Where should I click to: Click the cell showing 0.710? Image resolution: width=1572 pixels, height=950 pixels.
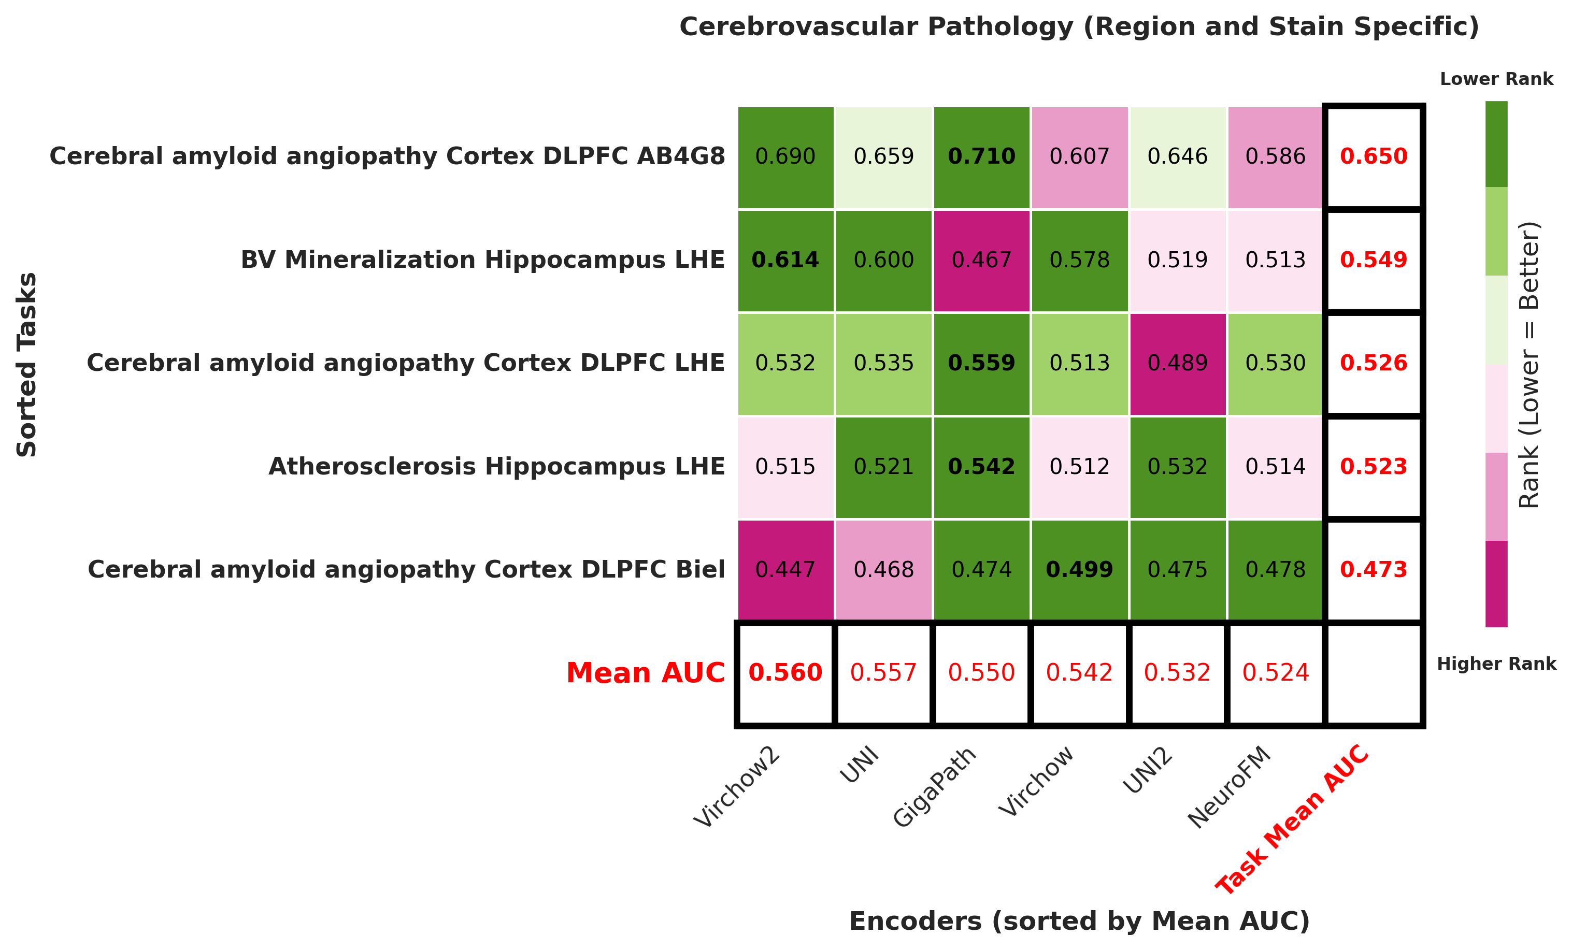[x=981, y=156]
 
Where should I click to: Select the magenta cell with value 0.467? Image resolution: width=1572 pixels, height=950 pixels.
[x=981, y=260]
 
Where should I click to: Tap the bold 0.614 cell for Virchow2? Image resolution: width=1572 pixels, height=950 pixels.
[x=785, y=260]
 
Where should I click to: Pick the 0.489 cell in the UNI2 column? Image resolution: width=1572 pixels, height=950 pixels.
[x=1177, y=363]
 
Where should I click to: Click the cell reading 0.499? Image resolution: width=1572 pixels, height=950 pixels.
[x=1079, y=569]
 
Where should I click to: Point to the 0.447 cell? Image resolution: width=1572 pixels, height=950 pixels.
[x=785, y=569]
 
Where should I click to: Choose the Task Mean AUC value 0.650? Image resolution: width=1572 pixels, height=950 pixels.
[x=1374, y=156]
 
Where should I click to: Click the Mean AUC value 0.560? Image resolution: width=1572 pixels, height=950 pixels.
[x=785, y=672]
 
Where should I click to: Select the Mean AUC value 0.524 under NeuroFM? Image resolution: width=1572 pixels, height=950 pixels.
[x=1275, y=672]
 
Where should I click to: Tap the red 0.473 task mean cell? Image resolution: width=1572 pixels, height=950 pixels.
[x=1374, y=569]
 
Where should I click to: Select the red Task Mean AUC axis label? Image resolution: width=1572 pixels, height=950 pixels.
[x=1292, y=820]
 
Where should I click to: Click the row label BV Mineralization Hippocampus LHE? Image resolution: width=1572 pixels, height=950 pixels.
[x=482, y=260]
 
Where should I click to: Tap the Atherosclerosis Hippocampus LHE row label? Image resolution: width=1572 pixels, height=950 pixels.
[x=496, y=466]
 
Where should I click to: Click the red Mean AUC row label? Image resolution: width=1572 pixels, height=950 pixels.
[x=645, y=673]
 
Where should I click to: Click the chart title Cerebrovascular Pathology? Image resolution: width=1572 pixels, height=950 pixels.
[x=1079, y=27]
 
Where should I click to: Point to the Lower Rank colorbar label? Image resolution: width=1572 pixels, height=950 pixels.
[x=1496, y=79]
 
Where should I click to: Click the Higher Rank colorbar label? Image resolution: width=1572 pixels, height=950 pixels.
[x=1496, y=664]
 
